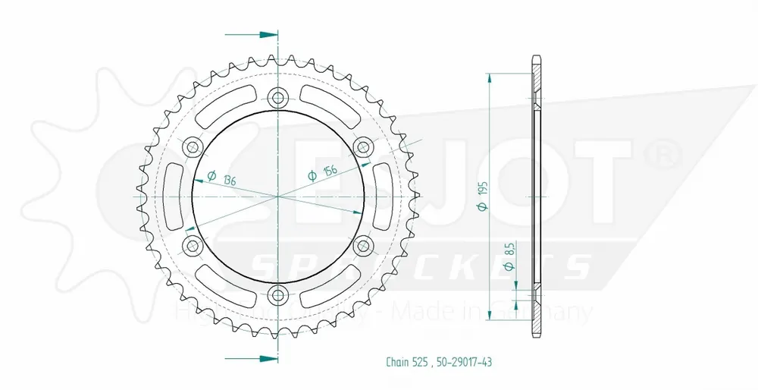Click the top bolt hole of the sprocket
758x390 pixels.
pos(278,96)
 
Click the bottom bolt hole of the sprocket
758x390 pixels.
pos(278,295)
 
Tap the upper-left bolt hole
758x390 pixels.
pos(192,146)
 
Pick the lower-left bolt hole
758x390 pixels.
pos(192,245)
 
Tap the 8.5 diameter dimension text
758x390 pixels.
pos(510,261)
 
